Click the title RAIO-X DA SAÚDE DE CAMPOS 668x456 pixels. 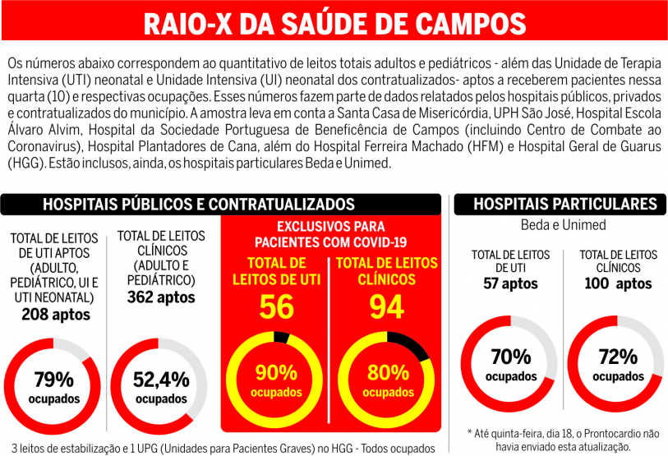tap(334, 22)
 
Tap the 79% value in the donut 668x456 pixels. tap(54, 380)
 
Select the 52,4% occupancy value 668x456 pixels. tap(161, 380)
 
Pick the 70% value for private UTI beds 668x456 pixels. tap(511, 357)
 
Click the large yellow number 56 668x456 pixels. tap(276, 306)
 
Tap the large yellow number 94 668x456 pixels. tap(386, 306)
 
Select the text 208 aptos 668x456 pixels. tap(57, 314)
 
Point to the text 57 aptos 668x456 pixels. tap(510, 283)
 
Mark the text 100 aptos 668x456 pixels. tap(616, 283)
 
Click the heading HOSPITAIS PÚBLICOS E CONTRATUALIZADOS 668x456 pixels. tap(199, 205)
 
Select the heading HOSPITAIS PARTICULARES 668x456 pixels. tap(565, 205)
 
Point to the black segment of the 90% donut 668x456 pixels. tap(282, 336)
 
